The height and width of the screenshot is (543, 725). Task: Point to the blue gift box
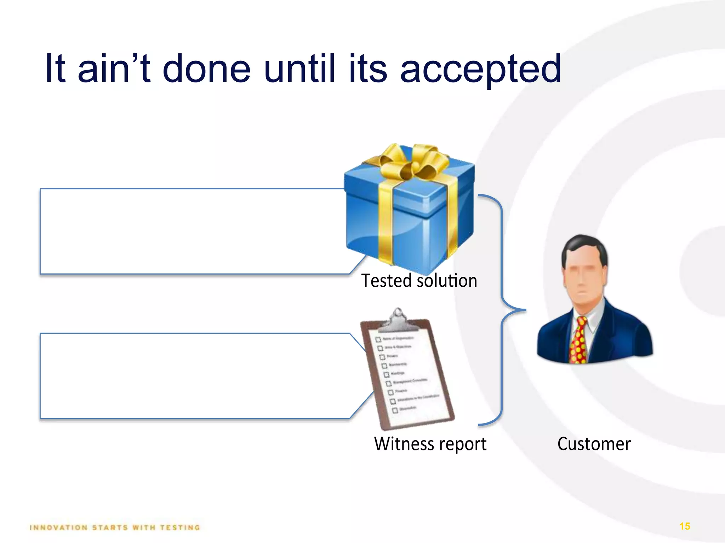(x=411, y=219)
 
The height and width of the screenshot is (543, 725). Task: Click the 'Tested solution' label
(x=419, y=281)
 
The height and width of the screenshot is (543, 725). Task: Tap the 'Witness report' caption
(x=430, y=444)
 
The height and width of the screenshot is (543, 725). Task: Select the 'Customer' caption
(x=594, y=444)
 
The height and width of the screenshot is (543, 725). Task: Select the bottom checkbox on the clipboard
(x=395, y=410)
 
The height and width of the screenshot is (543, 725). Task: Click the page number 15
(x=685, y=526)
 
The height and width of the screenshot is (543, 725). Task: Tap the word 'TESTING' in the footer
(x=180, y=528)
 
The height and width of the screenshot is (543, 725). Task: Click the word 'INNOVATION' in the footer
(x=59, y=528)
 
